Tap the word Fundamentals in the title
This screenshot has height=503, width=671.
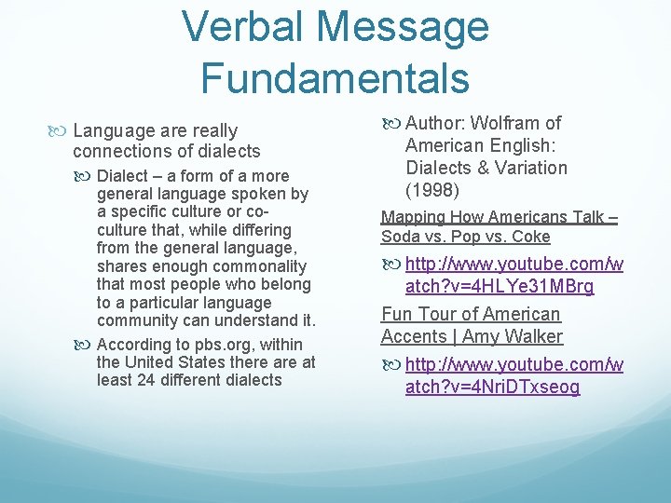335,77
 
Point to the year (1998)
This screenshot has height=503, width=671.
432,190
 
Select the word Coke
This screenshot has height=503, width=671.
530,237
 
